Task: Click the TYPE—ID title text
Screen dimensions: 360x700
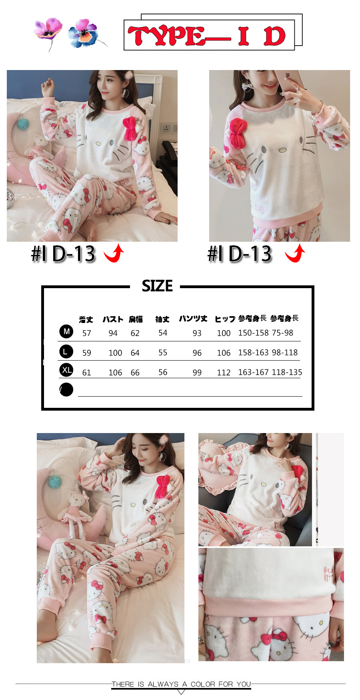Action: (x=206, y=36)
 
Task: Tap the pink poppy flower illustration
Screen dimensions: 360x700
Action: (x=48, y=30)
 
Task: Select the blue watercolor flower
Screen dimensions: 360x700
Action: (x=84, y=34)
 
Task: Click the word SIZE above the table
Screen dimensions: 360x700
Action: (x=157, y=286)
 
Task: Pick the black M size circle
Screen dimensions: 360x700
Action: (x=66, y=331)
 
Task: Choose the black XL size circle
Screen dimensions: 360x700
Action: (x=66, y=370)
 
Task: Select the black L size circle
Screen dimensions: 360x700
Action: (x=66, y=351)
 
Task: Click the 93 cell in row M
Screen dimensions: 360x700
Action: (x=197, y=333)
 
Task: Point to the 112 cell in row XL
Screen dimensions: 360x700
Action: (x=224, y=373)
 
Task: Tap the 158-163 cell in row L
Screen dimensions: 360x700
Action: (x=253, y=353)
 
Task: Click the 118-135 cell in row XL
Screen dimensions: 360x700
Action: (x=287, y=372)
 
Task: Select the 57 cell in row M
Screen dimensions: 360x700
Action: (x=87, y=333)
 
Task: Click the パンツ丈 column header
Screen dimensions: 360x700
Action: (x=193, y=319)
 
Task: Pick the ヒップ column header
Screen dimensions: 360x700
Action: (x=225, y=319)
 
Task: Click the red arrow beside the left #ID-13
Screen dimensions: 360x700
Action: (x=114, y=253)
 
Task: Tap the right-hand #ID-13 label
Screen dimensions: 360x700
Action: (x=240, y=254)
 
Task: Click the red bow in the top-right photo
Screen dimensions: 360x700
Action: (x=238, y=133)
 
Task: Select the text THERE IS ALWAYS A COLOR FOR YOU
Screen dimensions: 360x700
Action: (x=181, y=684)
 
